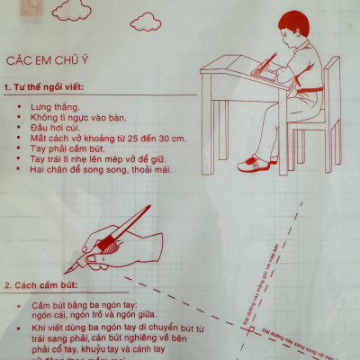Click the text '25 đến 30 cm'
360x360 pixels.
(x=152, y=138)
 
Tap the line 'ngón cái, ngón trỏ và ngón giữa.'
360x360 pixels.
(x=85, y=317)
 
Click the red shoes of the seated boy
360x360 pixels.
(x=257, y=165)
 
